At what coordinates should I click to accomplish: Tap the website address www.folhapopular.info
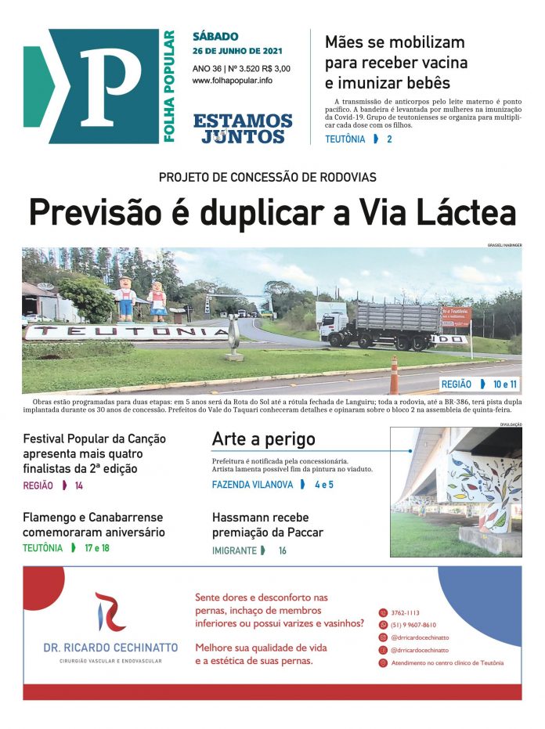click(232, 81)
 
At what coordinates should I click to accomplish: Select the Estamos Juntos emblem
click(243, 128)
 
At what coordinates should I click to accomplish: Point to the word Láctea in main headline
click(467, 213)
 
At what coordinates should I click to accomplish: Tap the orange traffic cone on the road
click(393, 375)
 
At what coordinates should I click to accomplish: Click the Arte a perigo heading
click(263, 439)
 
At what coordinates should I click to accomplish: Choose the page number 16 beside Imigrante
click(282, 550)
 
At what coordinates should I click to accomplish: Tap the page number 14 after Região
click(78, 485)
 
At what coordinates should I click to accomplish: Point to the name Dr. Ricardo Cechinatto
click(110, 648)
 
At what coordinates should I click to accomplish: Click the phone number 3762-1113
click(406, 612)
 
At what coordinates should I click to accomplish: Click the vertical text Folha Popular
click(169, 86)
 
